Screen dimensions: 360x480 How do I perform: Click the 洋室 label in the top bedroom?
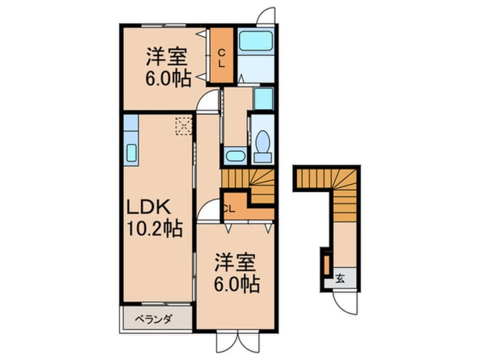click(167, 57)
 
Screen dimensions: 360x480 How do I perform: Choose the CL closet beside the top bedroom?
click(222, 57)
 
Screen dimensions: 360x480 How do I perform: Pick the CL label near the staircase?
click(229, 208)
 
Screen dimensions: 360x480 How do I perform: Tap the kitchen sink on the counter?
click(130, 153)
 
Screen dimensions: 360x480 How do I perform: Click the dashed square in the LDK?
click(183, 125)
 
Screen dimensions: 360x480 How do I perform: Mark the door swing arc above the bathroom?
click(266, 16)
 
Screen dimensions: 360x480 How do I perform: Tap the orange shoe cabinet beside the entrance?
click(327, 265)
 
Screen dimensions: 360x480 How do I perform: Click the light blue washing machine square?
click(263, 99)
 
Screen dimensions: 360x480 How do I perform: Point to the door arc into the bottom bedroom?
click(208, 211)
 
